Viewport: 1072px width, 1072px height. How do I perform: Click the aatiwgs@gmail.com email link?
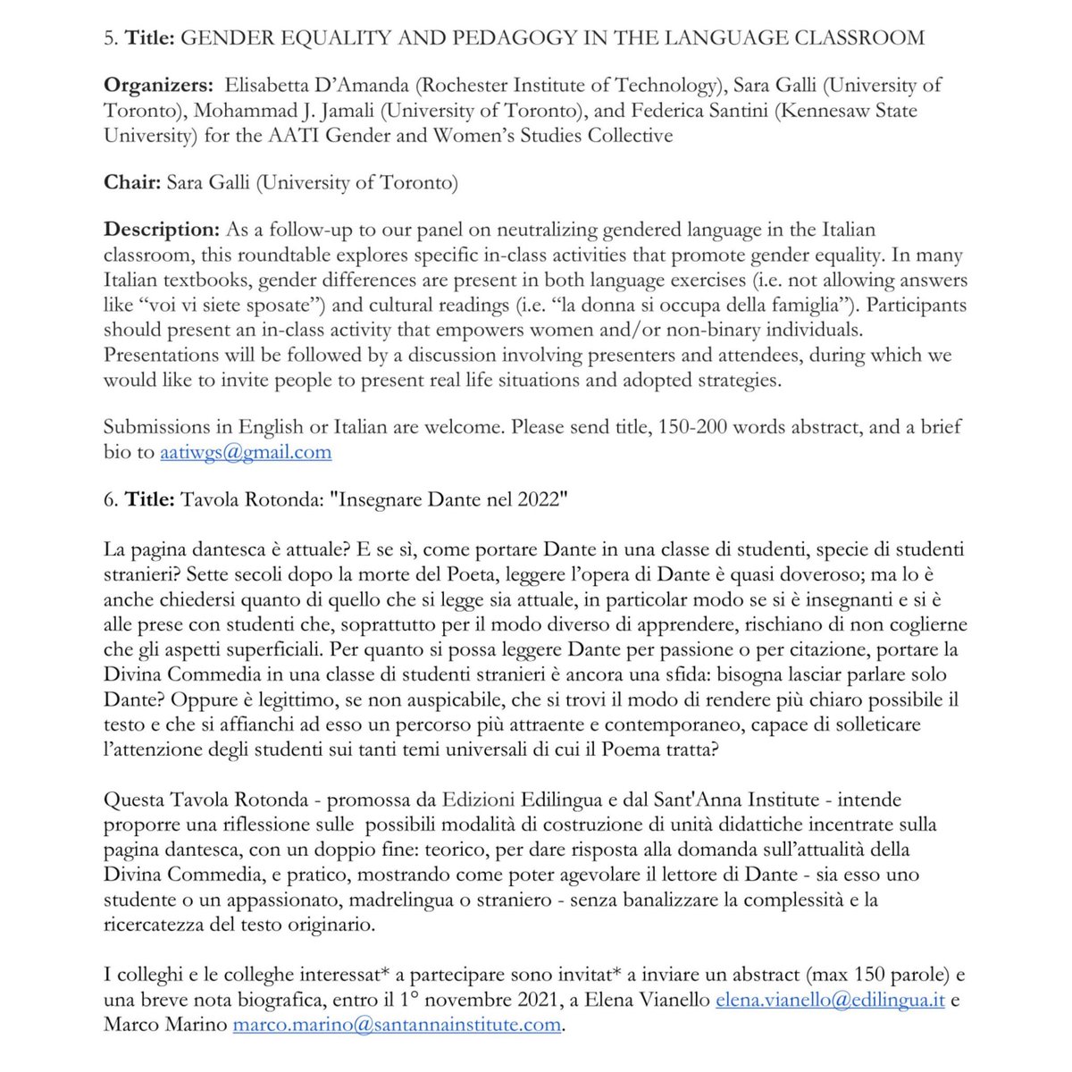(x=246, y=452)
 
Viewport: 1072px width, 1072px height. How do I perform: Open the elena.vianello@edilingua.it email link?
(x=830, y=1000)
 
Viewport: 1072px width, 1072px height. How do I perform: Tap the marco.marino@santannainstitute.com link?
(x=397, y=1024)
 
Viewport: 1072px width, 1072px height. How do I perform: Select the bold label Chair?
(x=132, y=183)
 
